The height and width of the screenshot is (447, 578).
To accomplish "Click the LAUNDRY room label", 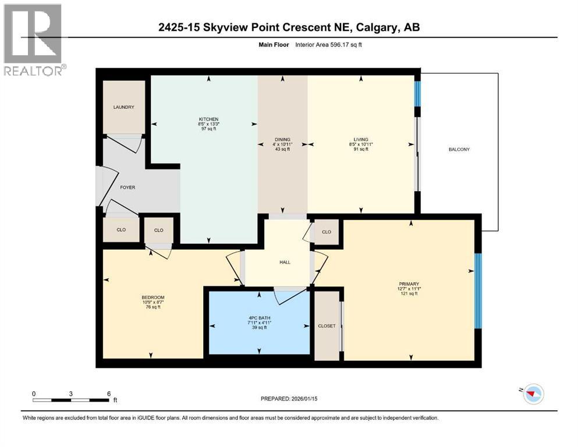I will [124, 107].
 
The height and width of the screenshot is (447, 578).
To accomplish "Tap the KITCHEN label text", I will [208, 119].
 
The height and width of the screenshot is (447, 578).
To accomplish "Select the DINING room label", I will [282, 140].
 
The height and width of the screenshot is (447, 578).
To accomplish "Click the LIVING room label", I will [362, 140].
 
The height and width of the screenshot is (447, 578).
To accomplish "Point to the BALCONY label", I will [459, 150].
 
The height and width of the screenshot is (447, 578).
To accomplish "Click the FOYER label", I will [127, 188].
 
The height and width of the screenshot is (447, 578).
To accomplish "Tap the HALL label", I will [285, 262].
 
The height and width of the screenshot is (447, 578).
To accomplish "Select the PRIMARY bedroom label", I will [409, 284].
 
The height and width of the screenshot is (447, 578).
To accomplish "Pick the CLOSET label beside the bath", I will [327, 326].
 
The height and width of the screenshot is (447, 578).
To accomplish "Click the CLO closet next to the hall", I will [327, 232].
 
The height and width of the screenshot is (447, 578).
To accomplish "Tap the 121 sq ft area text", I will [409, 294].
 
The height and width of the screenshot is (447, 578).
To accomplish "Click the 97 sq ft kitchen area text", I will [208, 129].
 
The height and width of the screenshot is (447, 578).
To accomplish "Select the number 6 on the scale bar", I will [109, 393].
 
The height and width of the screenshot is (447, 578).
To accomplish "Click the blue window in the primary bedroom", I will [478, 291].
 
